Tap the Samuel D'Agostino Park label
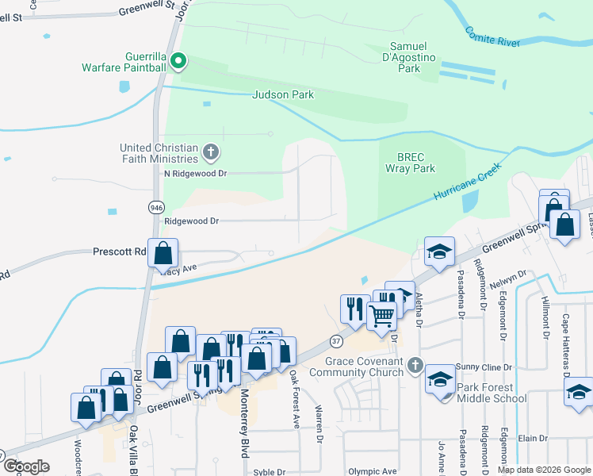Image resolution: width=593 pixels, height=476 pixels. (409, 58)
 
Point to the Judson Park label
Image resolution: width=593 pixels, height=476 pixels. (283, 94)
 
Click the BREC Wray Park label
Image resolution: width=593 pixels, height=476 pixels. (411, 163)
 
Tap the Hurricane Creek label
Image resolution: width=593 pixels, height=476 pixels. (469, 181)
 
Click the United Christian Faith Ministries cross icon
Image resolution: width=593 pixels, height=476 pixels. (210, 151)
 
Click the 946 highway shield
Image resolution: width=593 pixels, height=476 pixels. (155, 207)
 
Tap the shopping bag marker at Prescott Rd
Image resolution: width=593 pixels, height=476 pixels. (163, 254)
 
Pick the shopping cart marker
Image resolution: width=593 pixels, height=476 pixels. (381, 316)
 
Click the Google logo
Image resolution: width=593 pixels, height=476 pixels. (26, 466)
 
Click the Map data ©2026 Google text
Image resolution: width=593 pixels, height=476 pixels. (544, 470)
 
